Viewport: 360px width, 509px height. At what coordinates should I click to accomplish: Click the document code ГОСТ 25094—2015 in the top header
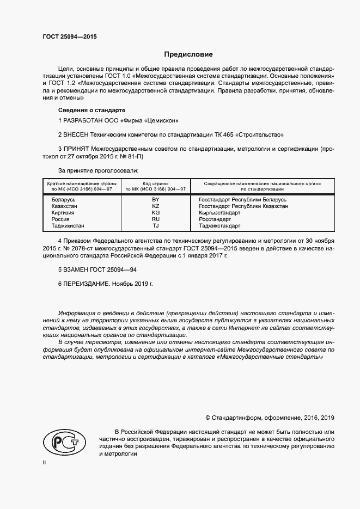[70, 38]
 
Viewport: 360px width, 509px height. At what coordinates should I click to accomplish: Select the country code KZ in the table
[155, 207]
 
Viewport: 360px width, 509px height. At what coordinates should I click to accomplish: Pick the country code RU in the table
[155, 219]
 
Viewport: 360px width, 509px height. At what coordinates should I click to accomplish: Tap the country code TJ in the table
[155, 226]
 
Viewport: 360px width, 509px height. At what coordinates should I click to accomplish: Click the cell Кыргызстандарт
[219, 213]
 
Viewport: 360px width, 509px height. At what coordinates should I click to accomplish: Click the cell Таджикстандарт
[219, 226]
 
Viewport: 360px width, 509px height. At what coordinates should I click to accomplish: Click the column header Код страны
[155, 183]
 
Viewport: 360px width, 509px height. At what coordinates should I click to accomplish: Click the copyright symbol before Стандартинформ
[208, 418]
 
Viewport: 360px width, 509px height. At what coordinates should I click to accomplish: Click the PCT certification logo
[62, 441]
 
